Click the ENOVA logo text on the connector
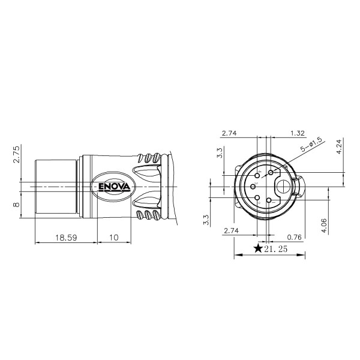point(115,187)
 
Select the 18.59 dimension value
point(66,238)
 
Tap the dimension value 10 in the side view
point(113,238)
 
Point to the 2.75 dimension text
point(17,155)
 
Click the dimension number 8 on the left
point(17,205)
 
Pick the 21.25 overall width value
point(275,248)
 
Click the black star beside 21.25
point(258,248)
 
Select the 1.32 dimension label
point(298,133)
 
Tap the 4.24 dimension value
point(340,147)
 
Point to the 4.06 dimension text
point(324,226)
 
